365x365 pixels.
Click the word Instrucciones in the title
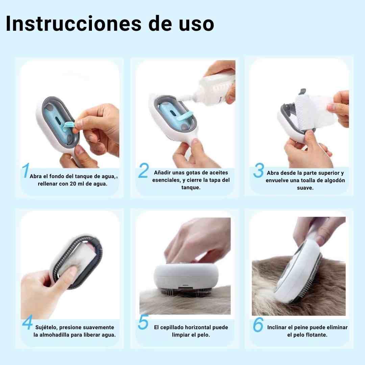tap(74, 23)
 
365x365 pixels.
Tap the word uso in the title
tap(196, 23)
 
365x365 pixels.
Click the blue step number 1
tap(26, 170)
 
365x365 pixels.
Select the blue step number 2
tap(143, 170)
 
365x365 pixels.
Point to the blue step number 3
tap(259, 170)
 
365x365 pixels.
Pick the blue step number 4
tap(27, 322)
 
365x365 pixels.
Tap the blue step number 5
tap(143, 322)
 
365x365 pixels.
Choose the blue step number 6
tap(258, 324)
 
